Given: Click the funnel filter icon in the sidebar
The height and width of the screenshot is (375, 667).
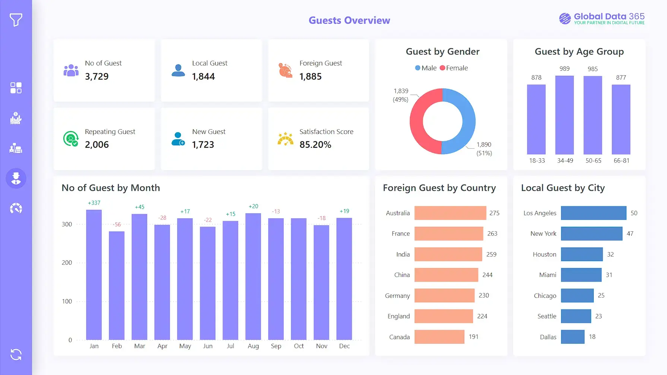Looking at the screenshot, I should [16, 20].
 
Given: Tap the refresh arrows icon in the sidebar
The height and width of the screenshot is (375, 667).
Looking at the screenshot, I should [16, 355].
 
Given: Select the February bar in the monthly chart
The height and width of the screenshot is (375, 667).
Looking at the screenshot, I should [117, 285].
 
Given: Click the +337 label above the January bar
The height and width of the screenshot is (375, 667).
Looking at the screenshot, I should [94, 203].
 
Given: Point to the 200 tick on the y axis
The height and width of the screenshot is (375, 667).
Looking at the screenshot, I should [67, 263].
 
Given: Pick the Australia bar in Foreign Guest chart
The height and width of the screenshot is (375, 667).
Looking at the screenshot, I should [450, 213].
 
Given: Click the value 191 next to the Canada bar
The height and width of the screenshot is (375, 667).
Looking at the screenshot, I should [473, 337].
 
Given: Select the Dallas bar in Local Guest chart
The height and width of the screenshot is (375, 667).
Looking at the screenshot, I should [572, 337].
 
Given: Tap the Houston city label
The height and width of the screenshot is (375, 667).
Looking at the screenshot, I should [544, 254].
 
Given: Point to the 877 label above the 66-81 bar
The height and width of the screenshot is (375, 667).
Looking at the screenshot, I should [621, 77].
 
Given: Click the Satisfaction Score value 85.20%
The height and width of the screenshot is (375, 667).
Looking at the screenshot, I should [315, 145].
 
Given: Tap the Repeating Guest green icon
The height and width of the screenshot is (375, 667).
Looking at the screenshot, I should [71, 139].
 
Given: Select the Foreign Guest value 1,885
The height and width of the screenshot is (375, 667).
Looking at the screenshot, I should [310, 77].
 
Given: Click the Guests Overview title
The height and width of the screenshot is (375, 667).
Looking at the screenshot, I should [349, 20].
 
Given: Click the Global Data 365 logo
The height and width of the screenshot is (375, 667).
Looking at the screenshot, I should [601, 18].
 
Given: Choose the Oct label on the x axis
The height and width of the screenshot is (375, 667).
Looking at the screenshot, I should [299, 346].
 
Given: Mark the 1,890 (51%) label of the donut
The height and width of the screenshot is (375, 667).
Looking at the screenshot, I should [484, 149].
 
